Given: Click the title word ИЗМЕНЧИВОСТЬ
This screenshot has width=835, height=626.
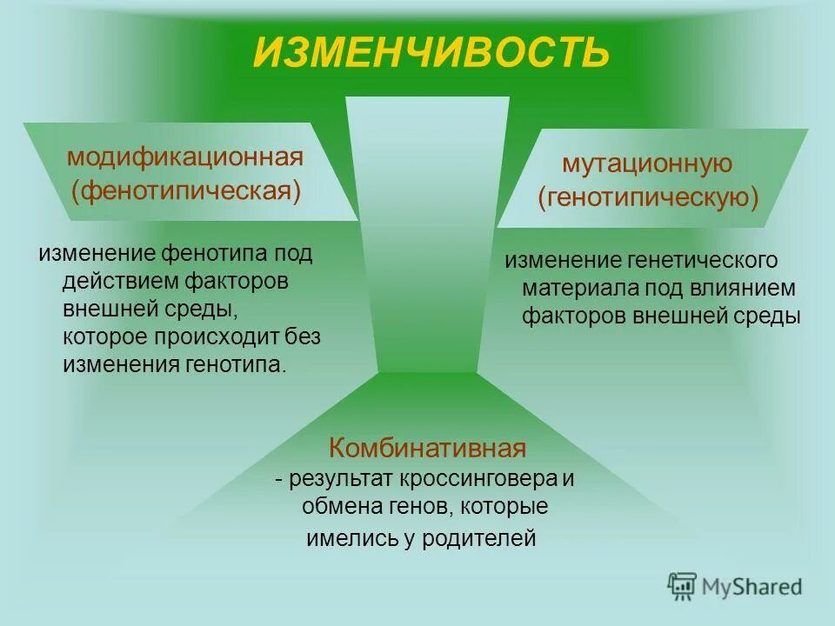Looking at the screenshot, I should [431, 52].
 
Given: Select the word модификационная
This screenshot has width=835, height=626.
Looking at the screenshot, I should [185, 157].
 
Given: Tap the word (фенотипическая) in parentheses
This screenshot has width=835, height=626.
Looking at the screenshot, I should [186, 190].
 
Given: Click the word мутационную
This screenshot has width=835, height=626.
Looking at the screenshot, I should [647, 164].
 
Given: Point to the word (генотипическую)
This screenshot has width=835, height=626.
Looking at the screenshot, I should [648, 198].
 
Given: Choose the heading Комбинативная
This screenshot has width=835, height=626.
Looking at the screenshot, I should [427, 449].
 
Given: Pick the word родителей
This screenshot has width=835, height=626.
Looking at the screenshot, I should [479, 539].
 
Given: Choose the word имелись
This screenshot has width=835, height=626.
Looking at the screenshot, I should [342, 539].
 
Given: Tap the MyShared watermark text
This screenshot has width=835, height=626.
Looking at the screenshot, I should [751, 587].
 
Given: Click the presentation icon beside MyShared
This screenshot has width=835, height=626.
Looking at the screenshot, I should [683, 587].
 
